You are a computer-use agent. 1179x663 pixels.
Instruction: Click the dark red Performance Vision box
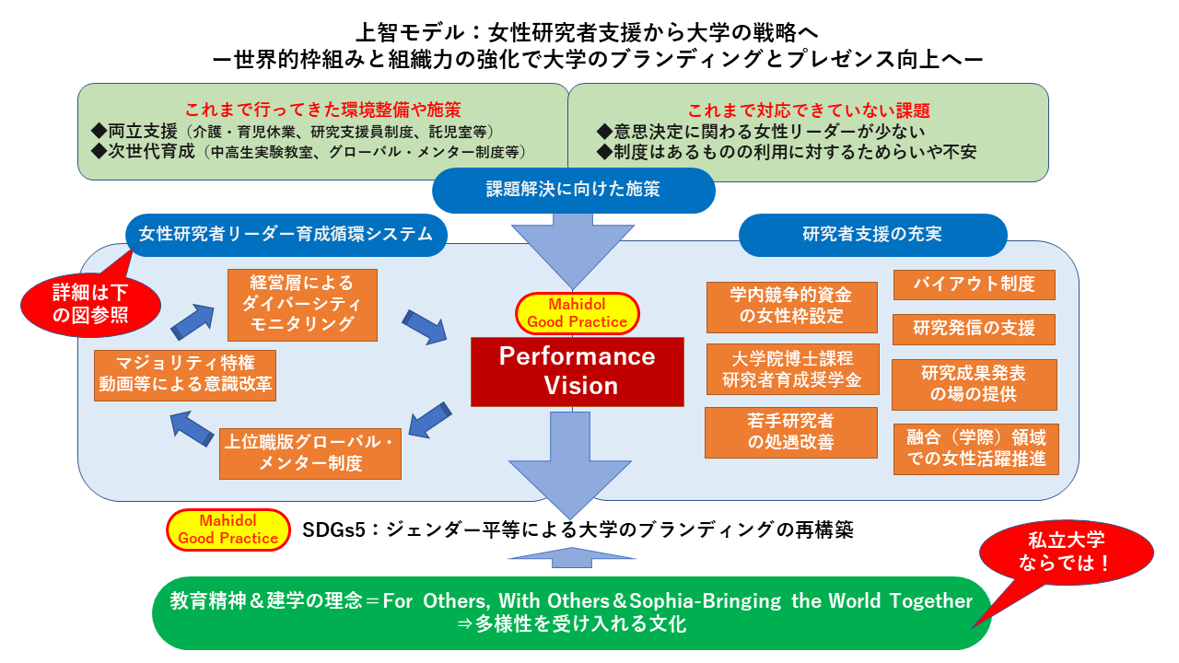tap(577, 371)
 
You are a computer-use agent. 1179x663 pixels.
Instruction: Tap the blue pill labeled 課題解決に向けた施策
tap(573, 190)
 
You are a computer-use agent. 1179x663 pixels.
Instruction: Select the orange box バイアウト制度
tap(975, 285)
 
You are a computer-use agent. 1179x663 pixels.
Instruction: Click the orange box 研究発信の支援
tap(974, 329)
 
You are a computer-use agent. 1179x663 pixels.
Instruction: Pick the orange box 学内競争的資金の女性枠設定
tap(791, 307)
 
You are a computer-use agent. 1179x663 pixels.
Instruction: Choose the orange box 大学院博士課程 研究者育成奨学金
tap(792, 369)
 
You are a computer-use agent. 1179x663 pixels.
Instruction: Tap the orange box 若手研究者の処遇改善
tap(791, 433)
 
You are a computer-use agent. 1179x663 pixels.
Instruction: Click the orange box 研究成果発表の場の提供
tap(975, 385)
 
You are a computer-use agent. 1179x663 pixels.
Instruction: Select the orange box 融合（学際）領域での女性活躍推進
tap(975, 448)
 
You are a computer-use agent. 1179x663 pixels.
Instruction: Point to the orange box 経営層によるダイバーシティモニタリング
tap(302, 305)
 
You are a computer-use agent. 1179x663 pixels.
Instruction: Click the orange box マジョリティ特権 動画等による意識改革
tap(185, 376)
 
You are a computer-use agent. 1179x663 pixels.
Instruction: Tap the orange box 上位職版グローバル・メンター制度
tap(310, 454)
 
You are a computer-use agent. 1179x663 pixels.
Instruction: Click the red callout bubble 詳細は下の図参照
tap(90, 305)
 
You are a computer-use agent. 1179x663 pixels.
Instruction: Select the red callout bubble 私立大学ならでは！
tap(1066, 552)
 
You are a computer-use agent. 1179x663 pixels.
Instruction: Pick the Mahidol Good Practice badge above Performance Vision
tap(577, 314)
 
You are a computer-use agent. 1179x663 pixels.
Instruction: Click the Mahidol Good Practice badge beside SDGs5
tap(228, 529)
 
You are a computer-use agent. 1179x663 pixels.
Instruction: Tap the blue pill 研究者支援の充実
tap(872, 235)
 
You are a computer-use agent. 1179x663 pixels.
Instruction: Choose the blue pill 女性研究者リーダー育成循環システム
tap(286, 235)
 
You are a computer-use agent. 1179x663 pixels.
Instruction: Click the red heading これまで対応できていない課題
tap(809, 110)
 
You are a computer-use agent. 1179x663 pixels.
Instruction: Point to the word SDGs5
tap(333, 529)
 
